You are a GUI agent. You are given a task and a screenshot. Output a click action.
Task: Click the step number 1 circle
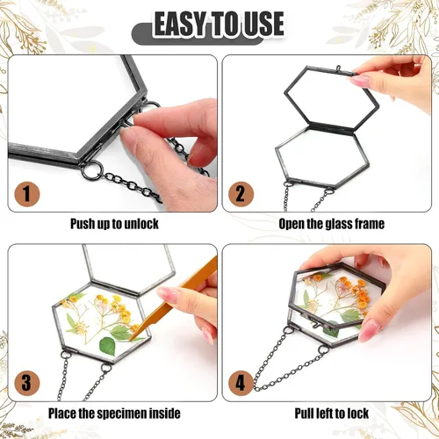pyautogui.click(x=27, y=194)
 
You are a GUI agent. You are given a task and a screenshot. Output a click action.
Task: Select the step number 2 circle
pyautogui.click(x=241, y=194)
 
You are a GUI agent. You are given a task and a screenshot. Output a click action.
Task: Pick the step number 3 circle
pyautogui.click(x=27, y=383)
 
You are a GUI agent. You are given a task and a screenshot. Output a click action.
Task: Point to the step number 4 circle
pyautogui.click(x=241, y=383)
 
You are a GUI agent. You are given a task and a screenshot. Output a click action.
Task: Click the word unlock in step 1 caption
pyautogui.click(x=141, y=224)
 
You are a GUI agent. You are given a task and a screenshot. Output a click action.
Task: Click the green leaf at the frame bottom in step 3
pyautogui.click(x=108, y=347)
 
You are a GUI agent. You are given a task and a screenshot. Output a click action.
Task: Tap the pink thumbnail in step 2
pyautogui.click(x=360, y=81)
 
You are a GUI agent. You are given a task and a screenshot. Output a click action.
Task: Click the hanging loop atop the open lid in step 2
pyautogui.click(x=339, y=68)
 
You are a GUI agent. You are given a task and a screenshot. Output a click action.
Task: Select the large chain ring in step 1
pyautogui.click(x=91, y=170)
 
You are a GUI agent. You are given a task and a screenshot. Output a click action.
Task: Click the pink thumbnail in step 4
pyautogui.click(x=370, y=330)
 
